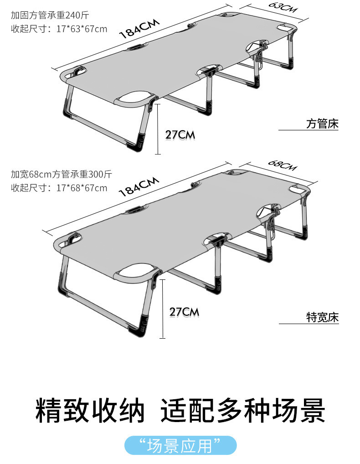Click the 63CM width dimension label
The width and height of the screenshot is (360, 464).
tap(283, 7)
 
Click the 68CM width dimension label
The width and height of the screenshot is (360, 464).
tap(283, 164)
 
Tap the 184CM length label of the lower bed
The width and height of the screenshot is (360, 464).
tap(139, 186)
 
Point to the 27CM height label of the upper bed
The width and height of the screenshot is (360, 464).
tap(180, 135)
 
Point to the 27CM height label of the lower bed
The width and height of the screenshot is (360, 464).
tap(184, 312)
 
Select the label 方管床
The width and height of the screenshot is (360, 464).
tap(322, 124)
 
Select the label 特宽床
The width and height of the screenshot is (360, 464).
tap(322, 318)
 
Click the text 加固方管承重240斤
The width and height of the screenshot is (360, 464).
tap(50, 15)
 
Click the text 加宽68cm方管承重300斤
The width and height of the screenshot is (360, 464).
tap(61, 174)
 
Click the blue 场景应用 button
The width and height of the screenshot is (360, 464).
tap(180, 445)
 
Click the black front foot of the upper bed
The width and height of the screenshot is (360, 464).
tap(137, 146)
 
